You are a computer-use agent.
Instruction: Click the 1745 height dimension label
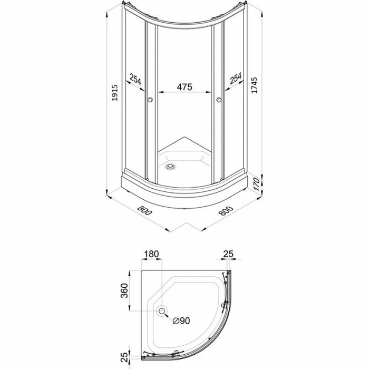click(x=254, y=85)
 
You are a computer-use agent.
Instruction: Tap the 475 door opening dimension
click(x=184, y=86)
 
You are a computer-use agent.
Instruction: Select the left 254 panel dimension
click(x=135, y=79)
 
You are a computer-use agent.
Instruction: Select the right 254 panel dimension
click(x=236, y=79)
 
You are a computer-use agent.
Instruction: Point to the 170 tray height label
click(x=257, y=184)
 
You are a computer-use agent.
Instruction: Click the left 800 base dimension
click(x=144, y=210)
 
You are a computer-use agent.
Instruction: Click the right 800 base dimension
click(x=226, y=211)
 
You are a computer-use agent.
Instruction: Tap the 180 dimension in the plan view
click(x=151, y=254)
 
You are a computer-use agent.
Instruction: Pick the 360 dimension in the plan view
click(x=124, y=290)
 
